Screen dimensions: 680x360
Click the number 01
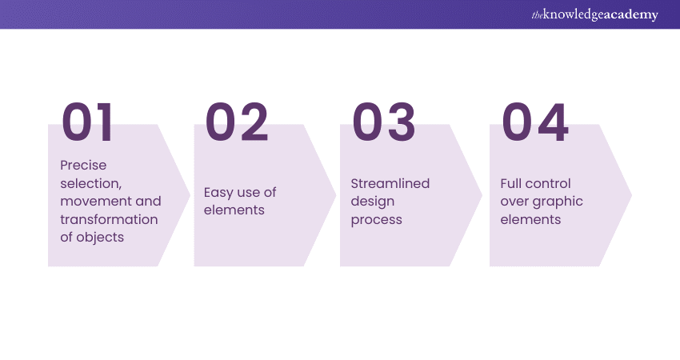click(x=87, y=122)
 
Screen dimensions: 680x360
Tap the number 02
click(x=237, y=122)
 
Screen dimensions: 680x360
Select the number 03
click(x=384, y=122)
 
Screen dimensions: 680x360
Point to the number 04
click(x=534, y=122)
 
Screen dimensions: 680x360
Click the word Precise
click(x=83, y=166)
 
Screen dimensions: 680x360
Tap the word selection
click(x=91, y=183)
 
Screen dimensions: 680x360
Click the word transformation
click(x=109, y=219)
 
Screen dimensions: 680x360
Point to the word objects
click(x=100, y=238)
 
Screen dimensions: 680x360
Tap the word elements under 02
click(x=234, y=210)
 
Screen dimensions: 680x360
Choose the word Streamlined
click(x=390, y=183)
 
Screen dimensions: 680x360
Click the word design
click(x=373, y=202)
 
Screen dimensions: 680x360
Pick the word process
click(x=377, y=220)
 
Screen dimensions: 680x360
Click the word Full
click(x=510, y=183)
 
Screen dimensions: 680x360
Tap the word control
click(x=547, y=183)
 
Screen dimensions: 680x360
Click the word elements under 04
click(x=531, y=220)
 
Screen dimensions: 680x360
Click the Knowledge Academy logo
click(x=595, y=14)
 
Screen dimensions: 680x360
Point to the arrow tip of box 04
click(x=631, y=195)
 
